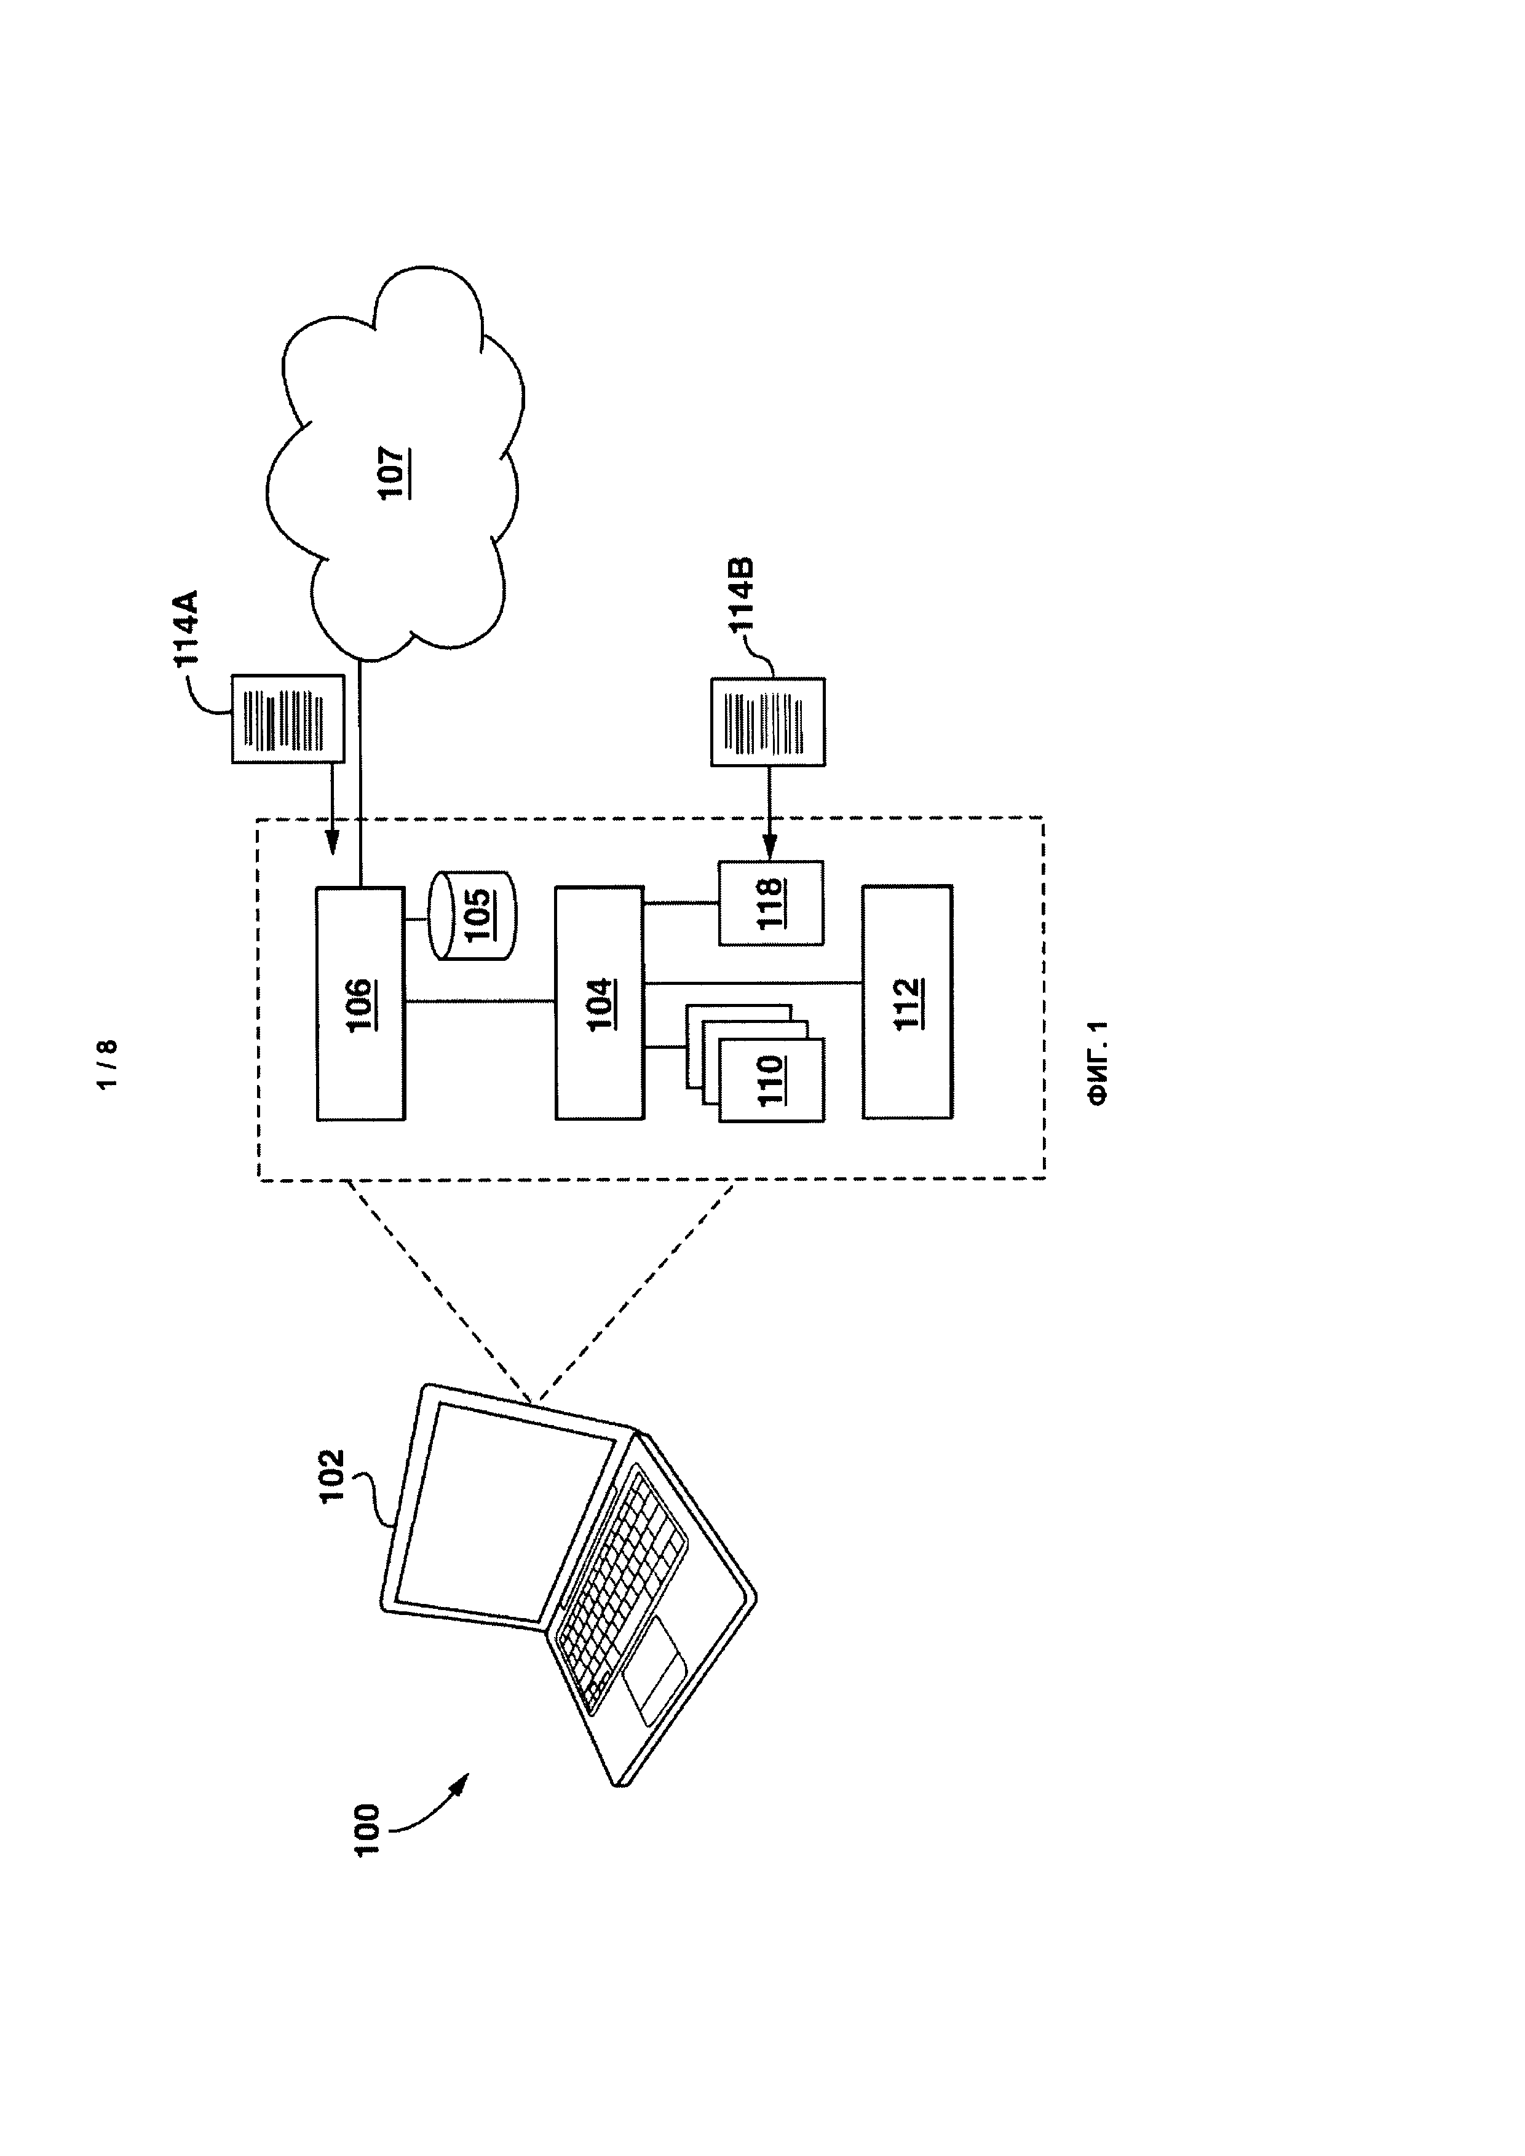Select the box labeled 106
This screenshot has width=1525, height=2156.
click(360, 1003)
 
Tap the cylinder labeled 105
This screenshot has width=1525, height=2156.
click(474, 915)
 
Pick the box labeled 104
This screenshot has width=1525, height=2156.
click(599, 1003)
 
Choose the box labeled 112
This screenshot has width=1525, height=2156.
click(907, 1002)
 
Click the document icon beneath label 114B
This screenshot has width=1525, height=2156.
click(768, 722)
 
